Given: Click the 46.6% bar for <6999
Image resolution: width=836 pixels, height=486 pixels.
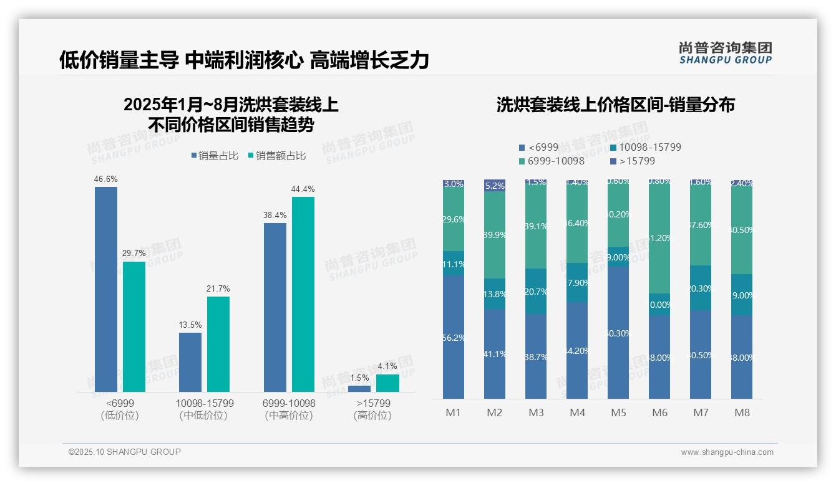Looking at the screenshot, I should (x=106, y=289).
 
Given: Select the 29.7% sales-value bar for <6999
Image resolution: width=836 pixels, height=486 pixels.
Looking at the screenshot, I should (x=134, y=326).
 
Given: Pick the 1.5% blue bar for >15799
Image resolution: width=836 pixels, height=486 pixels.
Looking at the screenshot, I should (x=359, y=389).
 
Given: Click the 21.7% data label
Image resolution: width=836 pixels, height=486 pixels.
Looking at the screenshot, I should (x=218, y=288).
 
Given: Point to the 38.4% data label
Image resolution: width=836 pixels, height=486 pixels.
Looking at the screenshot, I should (x=275, y=215).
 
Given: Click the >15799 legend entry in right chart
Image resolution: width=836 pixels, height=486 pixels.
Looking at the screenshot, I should (x=632, y=161).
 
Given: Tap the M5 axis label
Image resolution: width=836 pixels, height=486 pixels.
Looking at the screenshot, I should (x=618, y=412).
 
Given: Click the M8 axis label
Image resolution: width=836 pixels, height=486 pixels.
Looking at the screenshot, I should (x=742, y=412).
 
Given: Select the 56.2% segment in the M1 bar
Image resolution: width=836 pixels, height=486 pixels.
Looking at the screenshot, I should (x=454, y=337).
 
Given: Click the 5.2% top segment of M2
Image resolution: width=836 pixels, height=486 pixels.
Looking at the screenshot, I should (x=495, y=185).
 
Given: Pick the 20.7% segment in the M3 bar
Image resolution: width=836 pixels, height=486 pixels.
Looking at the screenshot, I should (x=536, y=291).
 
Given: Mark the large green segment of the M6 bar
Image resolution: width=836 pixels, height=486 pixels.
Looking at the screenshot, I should (x=659, y=237).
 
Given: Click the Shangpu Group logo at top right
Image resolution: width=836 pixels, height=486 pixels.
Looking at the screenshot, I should (x=725, y=53).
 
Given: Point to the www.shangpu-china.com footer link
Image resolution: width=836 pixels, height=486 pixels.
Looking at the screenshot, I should (x=727, y=452).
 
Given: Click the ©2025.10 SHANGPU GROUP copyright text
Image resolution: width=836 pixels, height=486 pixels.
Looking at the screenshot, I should (x=125, y=452).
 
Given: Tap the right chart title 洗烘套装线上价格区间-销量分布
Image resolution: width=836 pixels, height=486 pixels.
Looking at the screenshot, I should (x=615, y=105).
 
